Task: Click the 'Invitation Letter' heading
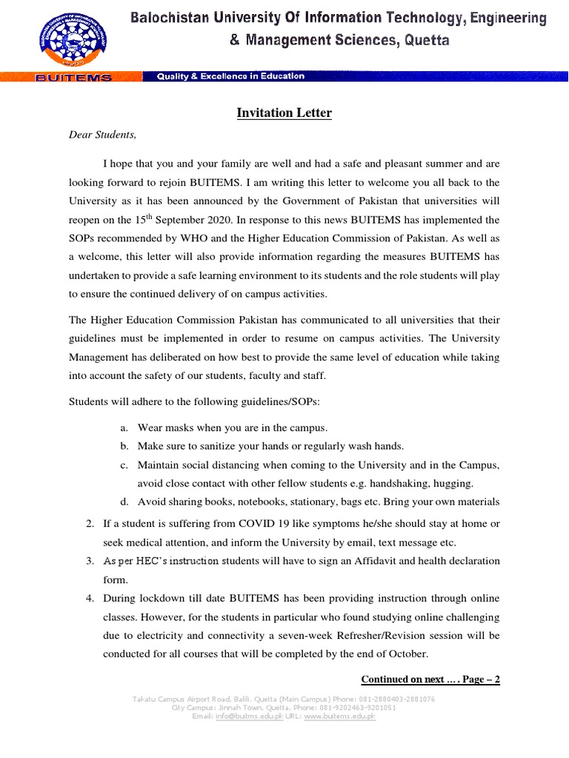coord(284,113)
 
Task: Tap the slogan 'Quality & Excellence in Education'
coord(230,76)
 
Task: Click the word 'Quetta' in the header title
coord(426,41)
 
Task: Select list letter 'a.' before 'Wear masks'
coord(123,428)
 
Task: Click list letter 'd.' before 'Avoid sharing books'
coord(123,502)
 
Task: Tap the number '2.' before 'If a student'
coord(90,523)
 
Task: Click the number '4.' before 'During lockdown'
coord(90,597)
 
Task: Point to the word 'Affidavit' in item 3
coord(355,560)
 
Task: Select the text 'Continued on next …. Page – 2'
coord(430,679)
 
